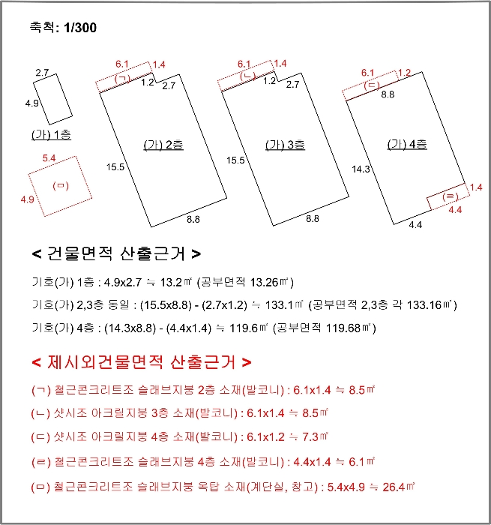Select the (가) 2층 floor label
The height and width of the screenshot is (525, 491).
[163, 145]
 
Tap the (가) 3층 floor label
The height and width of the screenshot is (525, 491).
[285, 145]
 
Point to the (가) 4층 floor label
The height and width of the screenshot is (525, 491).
[407, 144]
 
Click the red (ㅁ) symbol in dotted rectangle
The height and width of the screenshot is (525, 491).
[58, 185]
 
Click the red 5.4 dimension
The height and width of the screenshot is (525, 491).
[49, 158]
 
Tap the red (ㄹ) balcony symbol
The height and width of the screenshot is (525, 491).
[451, 196]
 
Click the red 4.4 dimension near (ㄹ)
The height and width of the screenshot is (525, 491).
[454, 211]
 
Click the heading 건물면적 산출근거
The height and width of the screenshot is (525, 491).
[116, 253]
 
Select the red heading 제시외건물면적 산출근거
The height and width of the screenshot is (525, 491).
[142, 363]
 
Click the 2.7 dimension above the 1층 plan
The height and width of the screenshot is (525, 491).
[42, 72]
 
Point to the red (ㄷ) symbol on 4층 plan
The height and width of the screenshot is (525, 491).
[372, 85]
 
